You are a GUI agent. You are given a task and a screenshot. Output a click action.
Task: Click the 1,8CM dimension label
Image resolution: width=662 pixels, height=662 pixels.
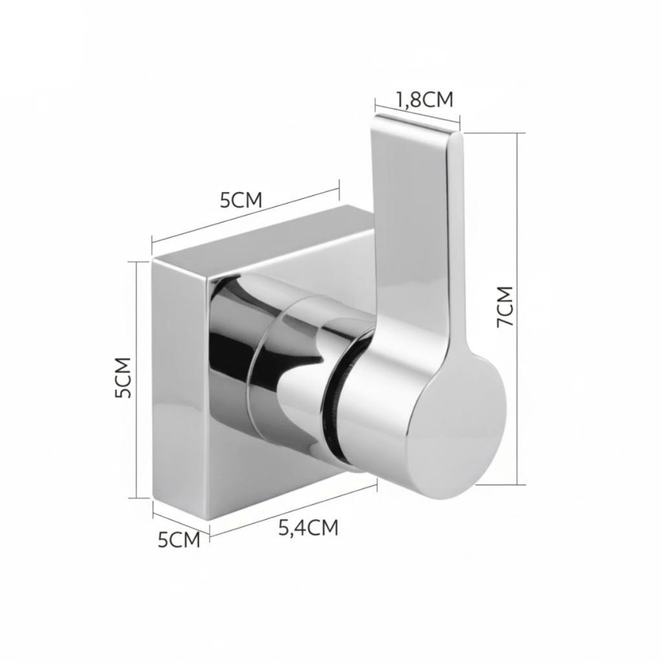424,100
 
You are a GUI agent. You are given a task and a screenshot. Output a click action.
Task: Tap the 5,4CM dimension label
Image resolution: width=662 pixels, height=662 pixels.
308,528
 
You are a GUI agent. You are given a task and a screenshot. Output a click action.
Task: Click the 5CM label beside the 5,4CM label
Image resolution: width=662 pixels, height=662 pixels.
179,540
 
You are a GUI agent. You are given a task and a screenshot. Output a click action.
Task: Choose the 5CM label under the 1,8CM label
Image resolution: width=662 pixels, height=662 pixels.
241,200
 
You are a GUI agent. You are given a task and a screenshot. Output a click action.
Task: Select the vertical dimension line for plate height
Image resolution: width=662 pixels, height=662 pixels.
137,379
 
